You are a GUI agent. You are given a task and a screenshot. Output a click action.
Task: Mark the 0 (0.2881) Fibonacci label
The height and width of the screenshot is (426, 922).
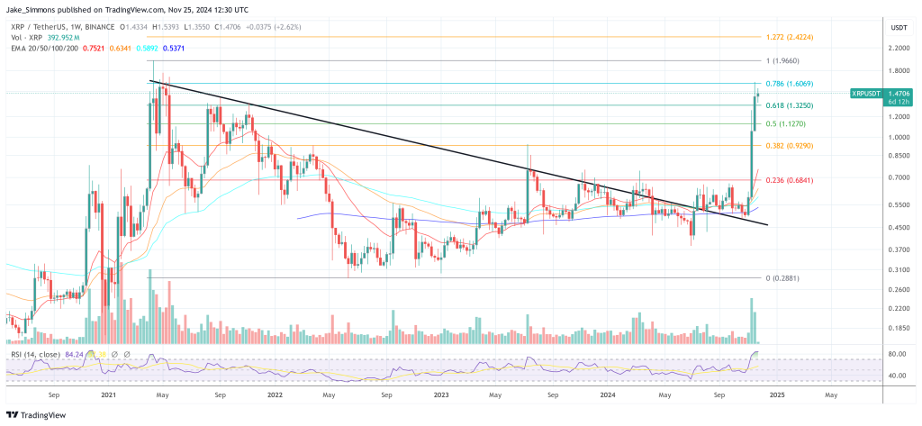pyautogui.click(x=783, y=278)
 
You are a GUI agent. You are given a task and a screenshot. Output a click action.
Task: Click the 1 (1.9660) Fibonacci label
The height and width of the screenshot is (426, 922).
pyautogui.click(x=782, y=61)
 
